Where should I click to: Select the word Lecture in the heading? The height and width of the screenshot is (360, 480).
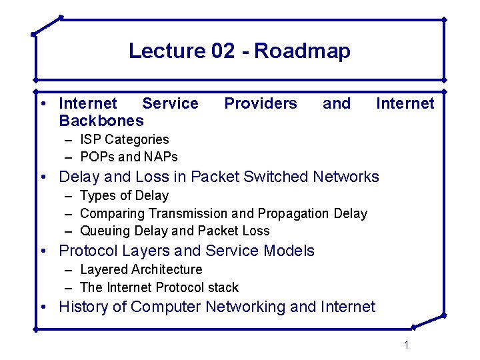tap(167, 51)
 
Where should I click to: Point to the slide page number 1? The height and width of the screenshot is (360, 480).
tap(406, 345)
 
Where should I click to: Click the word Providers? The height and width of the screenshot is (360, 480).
tap(261, 103)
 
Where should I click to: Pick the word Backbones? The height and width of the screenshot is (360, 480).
tap(101, 121)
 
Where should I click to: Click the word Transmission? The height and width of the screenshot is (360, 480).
tap(188, 213)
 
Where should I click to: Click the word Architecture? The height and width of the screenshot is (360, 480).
tap(167, 269)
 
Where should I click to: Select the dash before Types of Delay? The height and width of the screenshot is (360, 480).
tap(69, 196)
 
